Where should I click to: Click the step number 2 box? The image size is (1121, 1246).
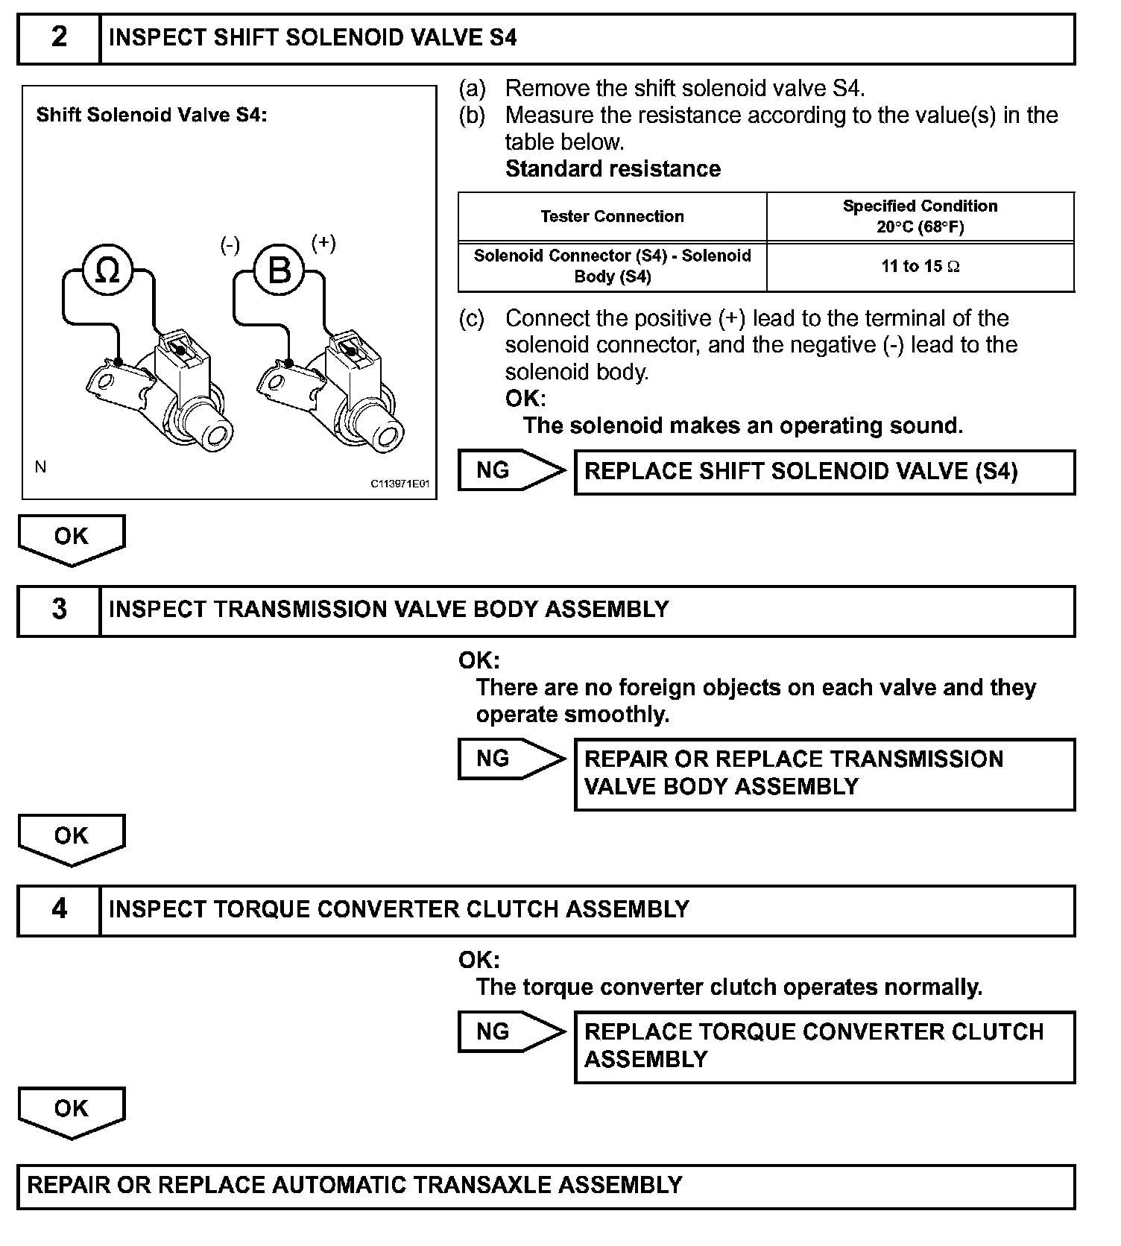pyautogui.click(x=59, y=38)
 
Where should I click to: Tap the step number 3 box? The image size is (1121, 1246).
pyautogui.click(x=59, y=610)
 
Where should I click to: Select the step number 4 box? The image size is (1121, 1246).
pyautogui.click(x=59, y=910)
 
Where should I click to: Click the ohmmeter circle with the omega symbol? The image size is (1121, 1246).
pyautogui.click(x=107, y=271)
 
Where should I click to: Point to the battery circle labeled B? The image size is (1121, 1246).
pyautogui.click(x=279, y=270)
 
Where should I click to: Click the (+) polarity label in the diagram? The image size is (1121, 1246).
pyautogui.click(x=323, y=243)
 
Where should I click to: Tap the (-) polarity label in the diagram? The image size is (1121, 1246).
pyautogui.click(x=230, y=245)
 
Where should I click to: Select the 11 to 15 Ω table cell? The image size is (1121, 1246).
pyautogui.click(x=921, y=267)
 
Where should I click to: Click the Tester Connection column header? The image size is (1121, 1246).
pyautogui.click(x=612, y=217)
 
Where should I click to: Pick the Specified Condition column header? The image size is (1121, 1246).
pyautogui.click(x=920, y=216)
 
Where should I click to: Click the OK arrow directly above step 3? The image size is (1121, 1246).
pyautogui.click(x=72, y=539)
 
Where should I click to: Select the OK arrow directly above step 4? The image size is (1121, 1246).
pyautogui.click(x=72, y=838)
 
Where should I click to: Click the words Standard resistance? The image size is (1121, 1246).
pyautogui.click(x=613, y=169)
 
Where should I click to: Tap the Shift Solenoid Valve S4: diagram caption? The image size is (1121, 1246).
pyautogui.click(x=151, y=116)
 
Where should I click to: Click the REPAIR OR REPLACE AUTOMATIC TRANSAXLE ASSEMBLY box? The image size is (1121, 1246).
pyautogui.click(x=546, y=1186)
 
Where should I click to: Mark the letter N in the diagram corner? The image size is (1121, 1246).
pyautogui.click(x=41, y=467)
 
